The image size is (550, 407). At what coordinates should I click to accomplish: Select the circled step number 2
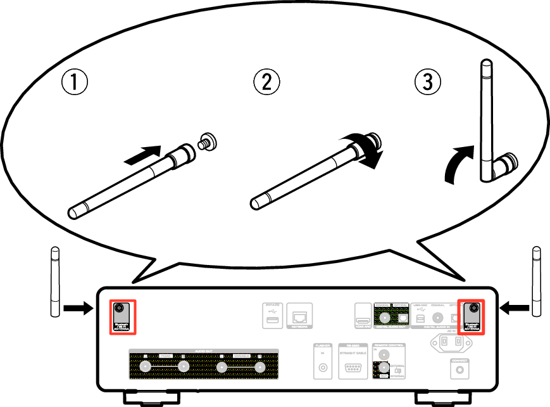point(266,82)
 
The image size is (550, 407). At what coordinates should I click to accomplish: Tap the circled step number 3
point(427,82)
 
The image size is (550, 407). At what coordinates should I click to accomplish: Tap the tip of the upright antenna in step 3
point(485,67)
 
